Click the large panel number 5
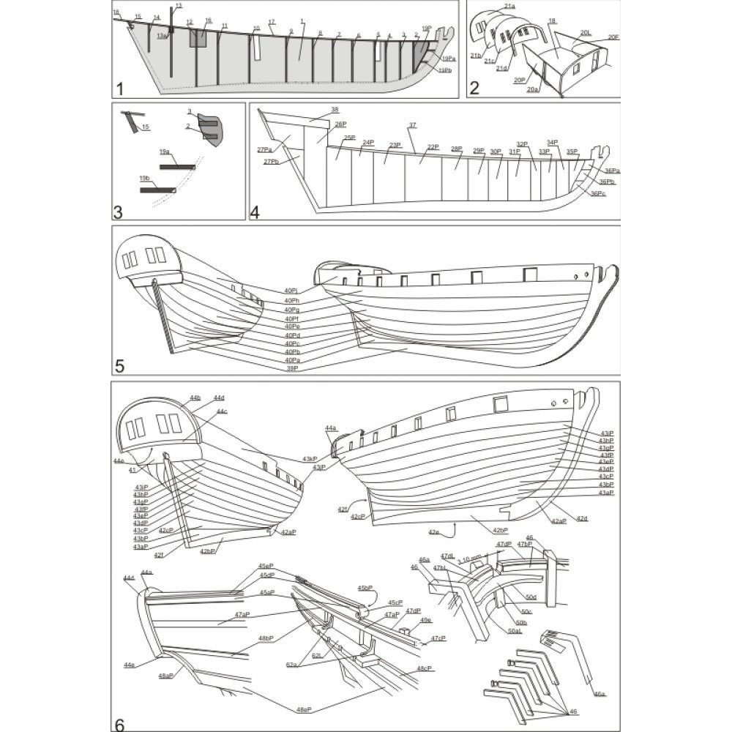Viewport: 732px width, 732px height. (120, 364)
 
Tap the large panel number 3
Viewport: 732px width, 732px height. (118, 212)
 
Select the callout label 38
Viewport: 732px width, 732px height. (335, 110)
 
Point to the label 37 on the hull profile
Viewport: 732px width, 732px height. (412, 125)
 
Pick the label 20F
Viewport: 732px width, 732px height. (613, 37)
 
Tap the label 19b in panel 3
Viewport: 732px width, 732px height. (144, 178)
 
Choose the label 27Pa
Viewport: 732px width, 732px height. (264, 149)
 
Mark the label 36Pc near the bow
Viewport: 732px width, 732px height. (598, 193)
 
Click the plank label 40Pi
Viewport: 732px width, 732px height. (291, 291)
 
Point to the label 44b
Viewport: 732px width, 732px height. (195, 397)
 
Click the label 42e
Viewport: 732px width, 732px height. (434, 532)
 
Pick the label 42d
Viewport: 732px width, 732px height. (582, 518)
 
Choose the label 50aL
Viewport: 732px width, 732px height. (515, 630)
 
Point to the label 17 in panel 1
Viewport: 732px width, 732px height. (272, 22)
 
